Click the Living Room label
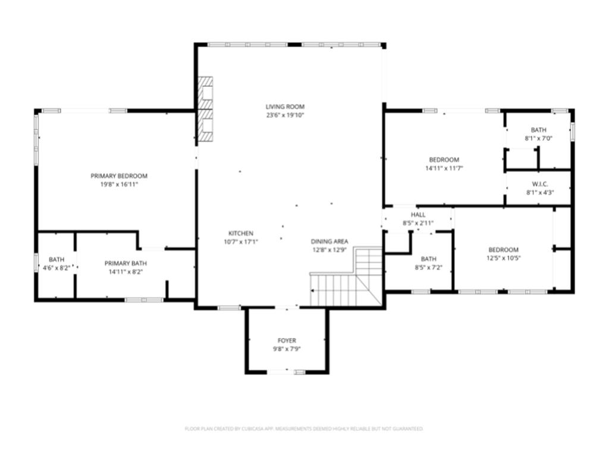pyautogui.click(x=285, y=107)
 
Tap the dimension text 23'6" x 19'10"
pyautogui.click(x=285, y=115)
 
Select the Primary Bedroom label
pyautogui.click(x=119, y=176)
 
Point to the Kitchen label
pyautogui.click(x=241, y=233)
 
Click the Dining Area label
pyautogui.click(x=329, y=242)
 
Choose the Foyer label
pyautogui.click(x=287, y=340)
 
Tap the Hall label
pyautogui.click(x=418, y=214)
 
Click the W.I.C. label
pyautogui.click(x=540, y=184)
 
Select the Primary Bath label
pyautogui.click(x=125, y=263)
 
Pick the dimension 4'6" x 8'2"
pyautogui.click(x=56, y=268)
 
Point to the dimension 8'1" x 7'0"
pyautogui.click(x=538, y=138)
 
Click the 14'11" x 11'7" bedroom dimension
pyautogui.click(x=444, y=168)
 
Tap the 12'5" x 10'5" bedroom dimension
pyautogui.click(x=503, y=258)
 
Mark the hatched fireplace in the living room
pyautogui.click(x=205, y=109)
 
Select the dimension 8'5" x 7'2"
pyautogui.click(x=428, y=267)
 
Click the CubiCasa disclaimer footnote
pyautogui.click(x=304, y=428)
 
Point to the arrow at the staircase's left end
pyautogui.click(x=312, y=290)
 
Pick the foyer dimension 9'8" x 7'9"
pyautogui.click(x=287, y=349)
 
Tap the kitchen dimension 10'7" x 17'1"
pyautogui.click(x=241, y=242)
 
